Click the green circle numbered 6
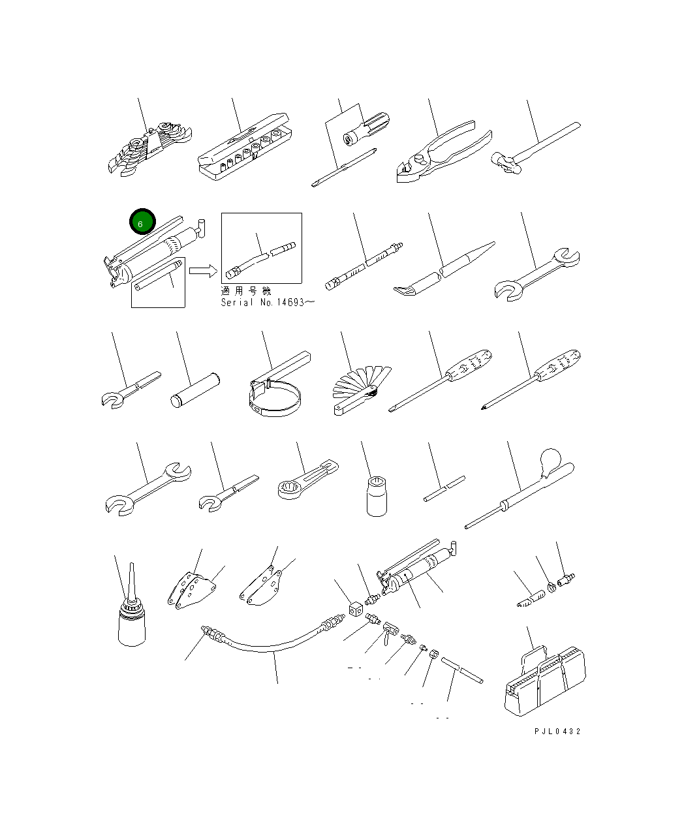pos(142,221)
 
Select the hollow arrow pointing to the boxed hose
pos(203,271)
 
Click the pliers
pos(444,152)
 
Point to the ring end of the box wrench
pos(291,489)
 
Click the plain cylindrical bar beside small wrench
pos(195,390)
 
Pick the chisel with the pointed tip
pos(444,268)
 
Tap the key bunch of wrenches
pos(150,149)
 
